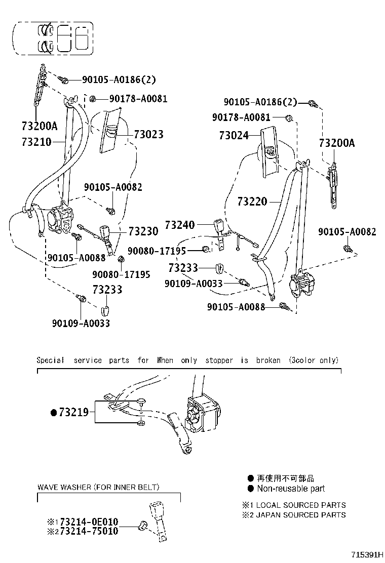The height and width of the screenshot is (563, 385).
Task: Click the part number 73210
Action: [36, 142]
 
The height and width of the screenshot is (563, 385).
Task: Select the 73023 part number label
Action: [148, 134]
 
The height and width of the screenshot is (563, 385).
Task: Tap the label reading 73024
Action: [234, 136]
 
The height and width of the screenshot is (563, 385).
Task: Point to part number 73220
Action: [252, 202]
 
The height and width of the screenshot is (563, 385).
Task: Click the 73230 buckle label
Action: [143, 231]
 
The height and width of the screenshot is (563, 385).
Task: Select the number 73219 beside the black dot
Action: [73, 413]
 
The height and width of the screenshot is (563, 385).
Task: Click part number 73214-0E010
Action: [89, 521]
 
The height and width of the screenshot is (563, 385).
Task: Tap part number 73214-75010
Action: [89, 531]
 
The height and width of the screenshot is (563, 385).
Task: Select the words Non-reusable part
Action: [291, 489]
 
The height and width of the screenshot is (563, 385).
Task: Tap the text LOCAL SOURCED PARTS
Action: [301, 505]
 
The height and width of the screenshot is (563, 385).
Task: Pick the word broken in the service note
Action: [268, 360]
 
